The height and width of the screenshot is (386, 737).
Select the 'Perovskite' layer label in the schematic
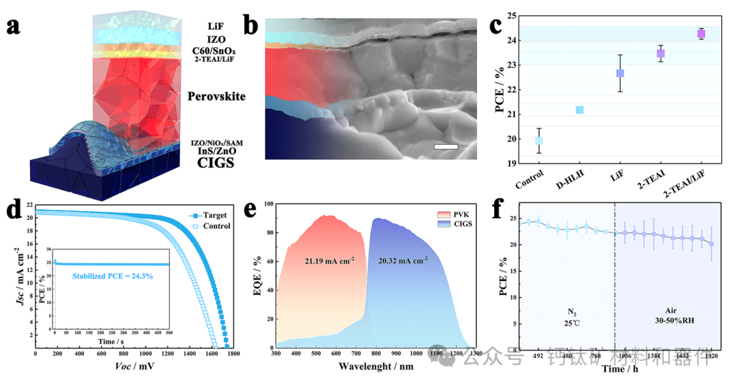[x=216, y=96]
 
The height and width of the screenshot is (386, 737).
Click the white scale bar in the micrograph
[x=445, y=146]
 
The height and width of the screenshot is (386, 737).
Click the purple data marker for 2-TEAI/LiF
[x=701, y=33]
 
